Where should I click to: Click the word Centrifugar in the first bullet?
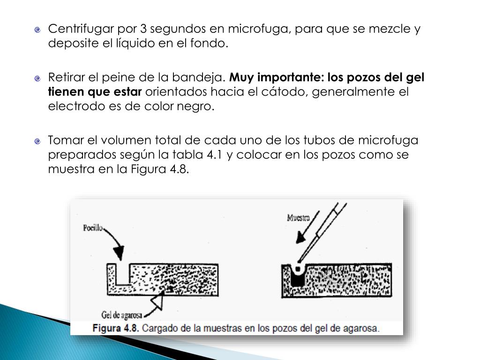(77, 29)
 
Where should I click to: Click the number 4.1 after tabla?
(215, 155)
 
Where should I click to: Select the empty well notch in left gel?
(124, 275)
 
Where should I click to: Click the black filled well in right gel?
(297, 279)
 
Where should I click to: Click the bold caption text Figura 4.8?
(116, 328)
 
